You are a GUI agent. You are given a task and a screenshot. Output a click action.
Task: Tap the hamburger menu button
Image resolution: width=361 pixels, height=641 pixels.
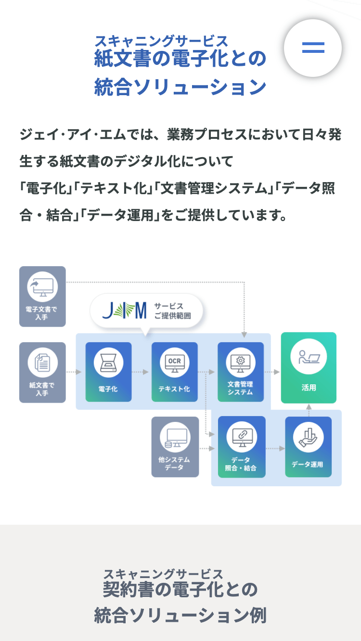pyautogui.click(x=313, y=48)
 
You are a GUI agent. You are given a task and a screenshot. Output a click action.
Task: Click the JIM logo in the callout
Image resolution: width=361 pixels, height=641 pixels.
pyautogui.click(x=125, y=311)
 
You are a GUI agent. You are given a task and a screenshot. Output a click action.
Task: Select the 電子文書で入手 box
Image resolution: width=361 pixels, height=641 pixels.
pyautogui.click(x=42, y=296)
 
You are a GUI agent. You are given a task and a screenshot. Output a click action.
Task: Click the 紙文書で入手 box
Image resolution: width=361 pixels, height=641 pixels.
pyautogui.click(x=42, y=372)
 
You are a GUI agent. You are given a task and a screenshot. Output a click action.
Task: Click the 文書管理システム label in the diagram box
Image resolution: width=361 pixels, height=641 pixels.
pyautogui.click(x=240, y=388)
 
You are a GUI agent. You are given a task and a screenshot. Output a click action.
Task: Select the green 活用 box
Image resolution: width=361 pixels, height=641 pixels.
pyautogui.click(x=309, y=368)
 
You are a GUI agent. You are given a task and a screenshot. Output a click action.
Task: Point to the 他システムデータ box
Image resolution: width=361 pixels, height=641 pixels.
pyautogui.click(x=175, y=447)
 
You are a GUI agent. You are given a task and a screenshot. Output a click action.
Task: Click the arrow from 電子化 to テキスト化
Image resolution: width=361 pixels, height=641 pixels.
pyautogui.click(x=141, y=372)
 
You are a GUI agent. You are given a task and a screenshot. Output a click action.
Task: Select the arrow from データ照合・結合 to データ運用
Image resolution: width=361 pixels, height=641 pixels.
pyautogui.click(x=275, y=449)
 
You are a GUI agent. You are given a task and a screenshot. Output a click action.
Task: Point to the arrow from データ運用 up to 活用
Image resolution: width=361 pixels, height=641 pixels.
pyautogui.click(x=309, y=407)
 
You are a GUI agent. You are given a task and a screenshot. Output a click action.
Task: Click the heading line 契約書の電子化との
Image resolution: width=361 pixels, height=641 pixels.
pyautogui.click(x=180, y=590)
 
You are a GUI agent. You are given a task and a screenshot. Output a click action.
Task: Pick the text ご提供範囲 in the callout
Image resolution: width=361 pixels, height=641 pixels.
pyautogui.click(x=172, y=316)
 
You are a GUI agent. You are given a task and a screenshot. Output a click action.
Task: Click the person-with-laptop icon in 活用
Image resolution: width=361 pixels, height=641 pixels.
pyautogui.click(x=309, y=357)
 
